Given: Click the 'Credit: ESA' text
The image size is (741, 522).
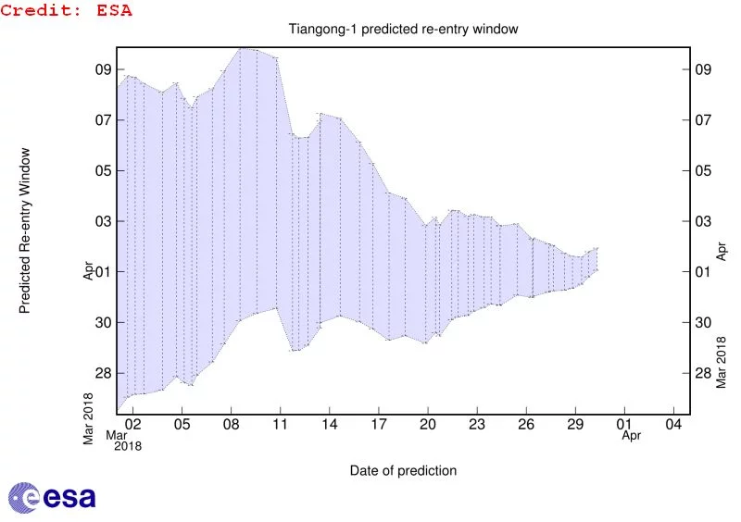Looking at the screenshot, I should [66, 11].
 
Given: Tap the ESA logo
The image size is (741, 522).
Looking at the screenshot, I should [53, 497].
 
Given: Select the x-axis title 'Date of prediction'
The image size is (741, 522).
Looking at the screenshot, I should [403, 470].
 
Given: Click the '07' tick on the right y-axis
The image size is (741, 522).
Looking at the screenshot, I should [703, 120].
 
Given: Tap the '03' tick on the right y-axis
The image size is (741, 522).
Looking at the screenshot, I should [703, 221].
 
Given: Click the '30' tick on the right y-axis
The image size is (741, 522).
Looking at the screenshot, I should [703, 322].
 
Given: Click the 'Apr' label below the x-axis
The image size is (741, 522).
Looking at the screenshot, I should [631, 435].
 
